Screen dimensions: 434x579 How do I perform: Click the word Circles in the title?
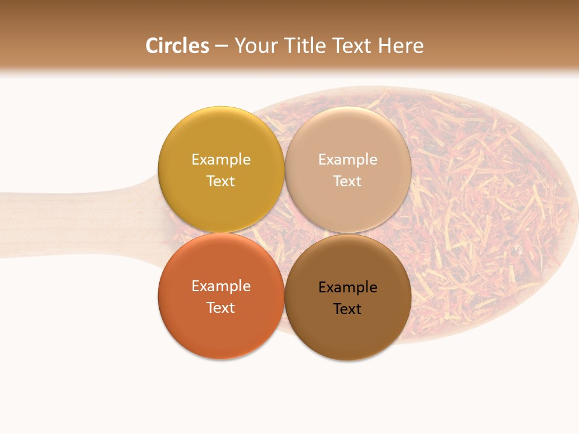177,46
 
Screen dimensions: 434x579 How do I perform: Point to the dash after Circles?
221,46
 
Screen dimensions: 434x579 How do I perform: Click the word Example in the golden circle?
221,160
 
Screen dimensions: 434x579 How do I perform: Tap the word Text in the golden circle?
221,181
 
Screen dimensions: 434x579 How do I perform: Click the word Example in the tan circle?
347,160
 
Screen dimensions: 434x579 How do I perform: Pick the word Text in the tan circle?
347,181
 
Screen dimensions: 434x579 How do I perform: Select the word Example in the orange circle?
221,286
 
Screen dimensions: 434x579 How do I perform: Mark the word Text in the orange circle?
221,308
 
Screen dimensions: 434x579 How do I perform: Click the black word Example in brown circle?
347,288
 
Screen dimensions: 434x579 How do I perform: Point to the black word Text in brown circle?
347,309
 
